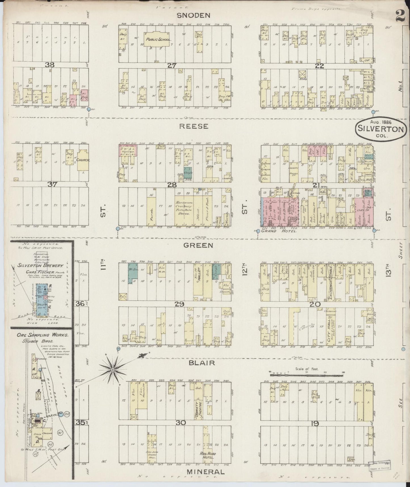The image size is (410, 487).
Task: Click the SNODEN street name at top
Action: coord(194,16)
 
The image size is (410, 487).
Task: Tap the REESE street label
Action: coord(194,126)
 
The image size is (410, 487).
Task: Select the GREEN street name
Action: coord(198,245)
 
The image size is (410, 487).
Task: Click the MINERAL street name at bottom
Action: coord(205,472)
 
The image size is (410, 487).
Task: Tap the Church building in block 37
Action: coord(83,160)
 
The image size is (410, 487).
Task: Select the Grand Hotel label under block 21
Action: coord(279,231)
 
